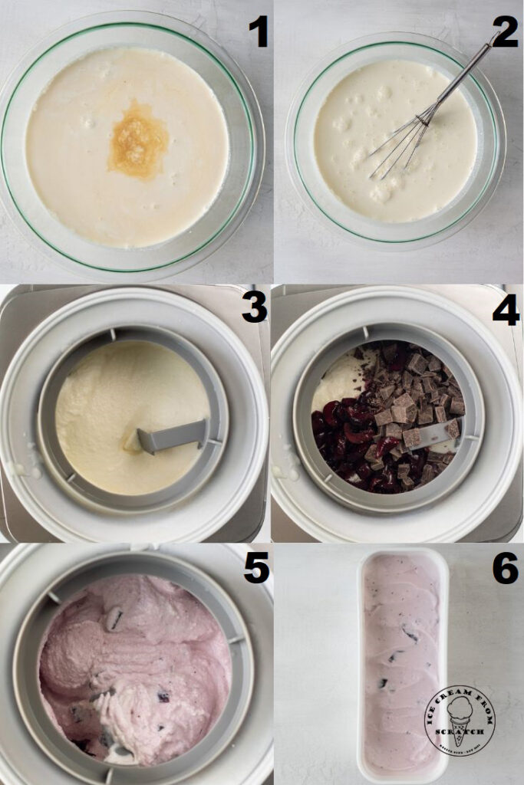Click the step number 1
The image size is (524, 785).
point(258,31)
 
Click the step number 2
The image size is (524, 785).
point(505,31)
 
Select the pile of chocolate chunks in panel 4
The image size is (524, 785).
point(414,399)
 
